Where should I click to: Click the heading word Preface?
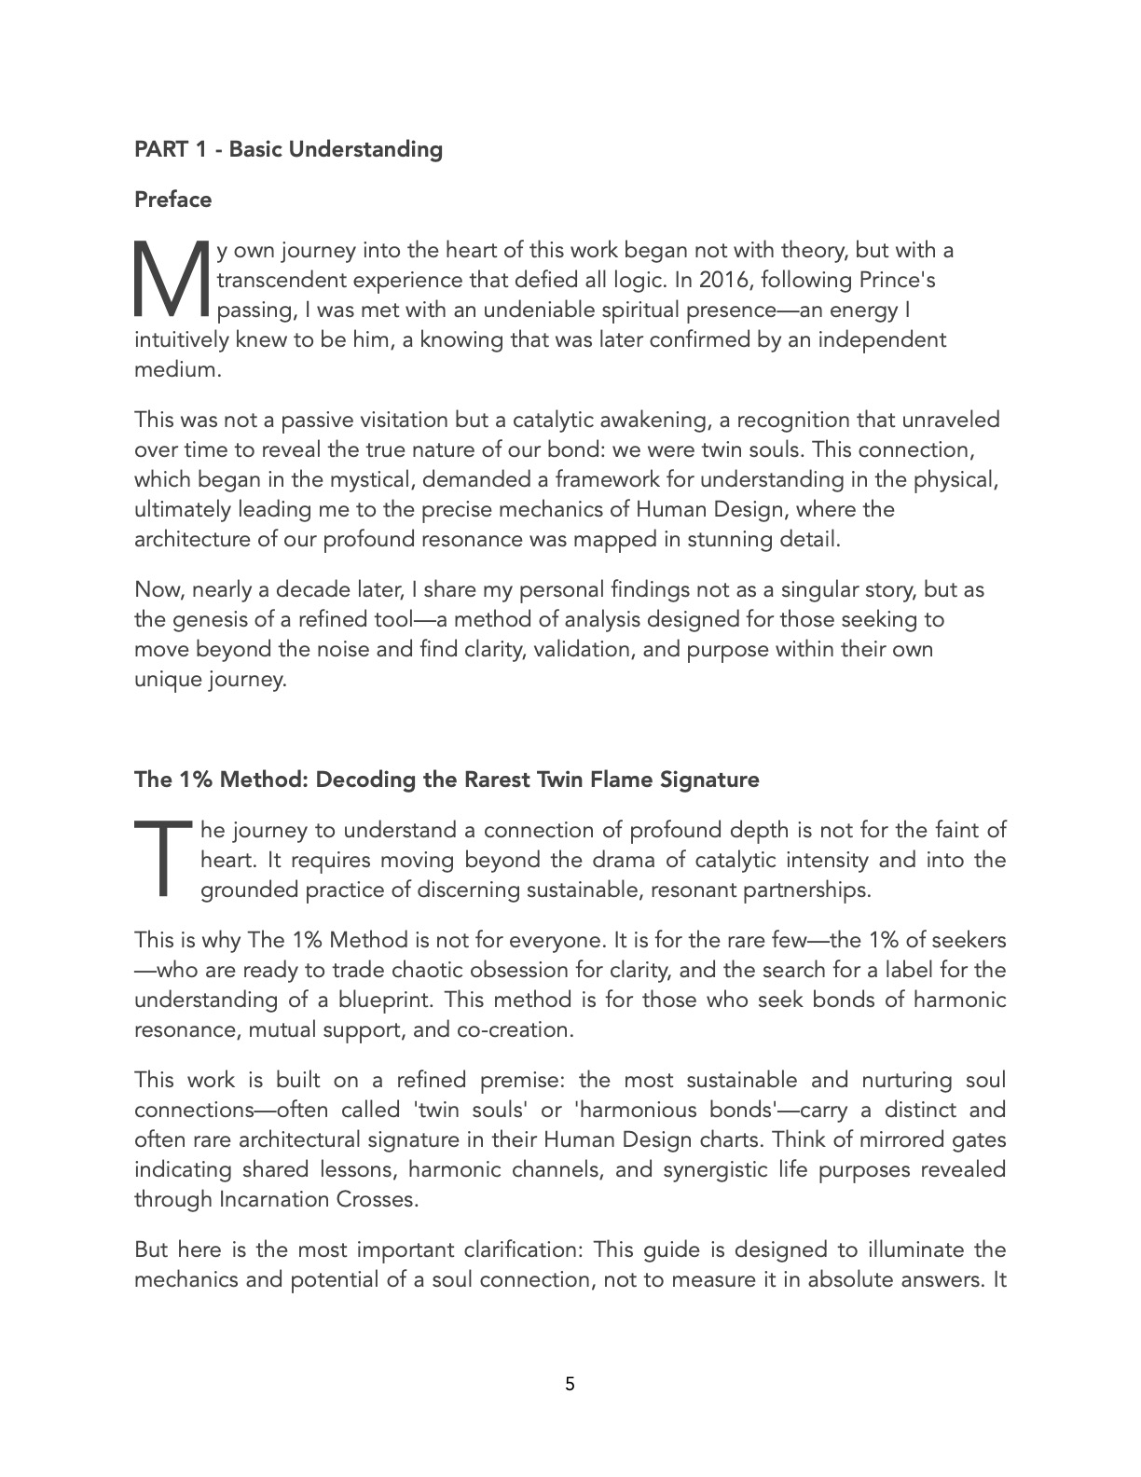click(x=173, y=200)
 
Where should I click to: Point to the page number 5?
click(x=570, y=1384)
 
